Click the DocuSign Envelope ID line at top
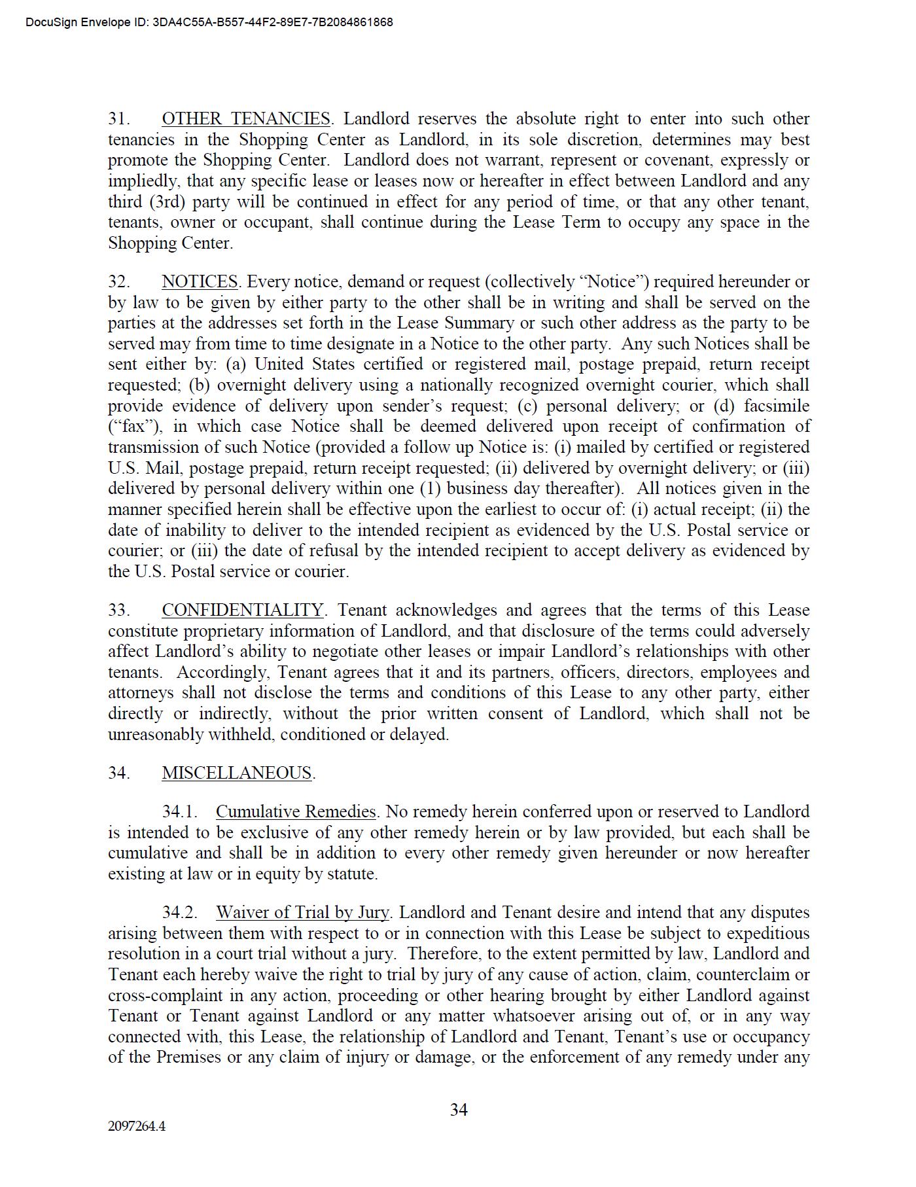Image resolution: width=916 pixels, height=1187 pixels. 209,22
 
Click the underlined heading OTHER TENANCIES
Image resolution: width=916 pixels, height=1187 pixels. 246,119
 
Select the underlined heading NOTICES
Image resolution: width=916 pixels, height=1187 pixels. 200,282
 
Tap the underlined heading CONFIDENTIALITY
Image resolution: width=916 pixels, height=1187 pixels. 243,611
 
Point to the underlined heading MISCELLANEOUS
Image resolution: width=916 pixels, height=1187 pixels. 237,773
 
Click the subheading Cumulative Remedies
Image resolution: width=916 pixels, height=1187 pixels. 296,812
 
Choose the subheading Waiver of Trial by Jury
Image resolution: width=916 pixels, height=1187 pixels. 302,913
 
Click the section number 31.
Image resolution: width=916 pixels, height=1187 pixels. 118,119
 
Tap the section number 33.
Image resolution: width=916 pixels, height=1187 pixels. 118,611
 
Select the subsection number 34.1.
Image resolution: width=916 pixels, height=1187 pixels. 180,812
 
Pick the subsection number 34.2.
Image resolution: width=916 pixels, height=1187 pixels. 180,913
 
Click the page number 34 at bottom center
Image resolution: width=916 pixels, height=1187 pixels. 459,1110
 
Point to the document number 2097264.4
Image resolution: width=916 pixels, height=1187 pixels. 137,1127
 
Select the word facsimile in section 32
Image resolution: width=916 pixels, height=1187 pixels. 777,406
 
